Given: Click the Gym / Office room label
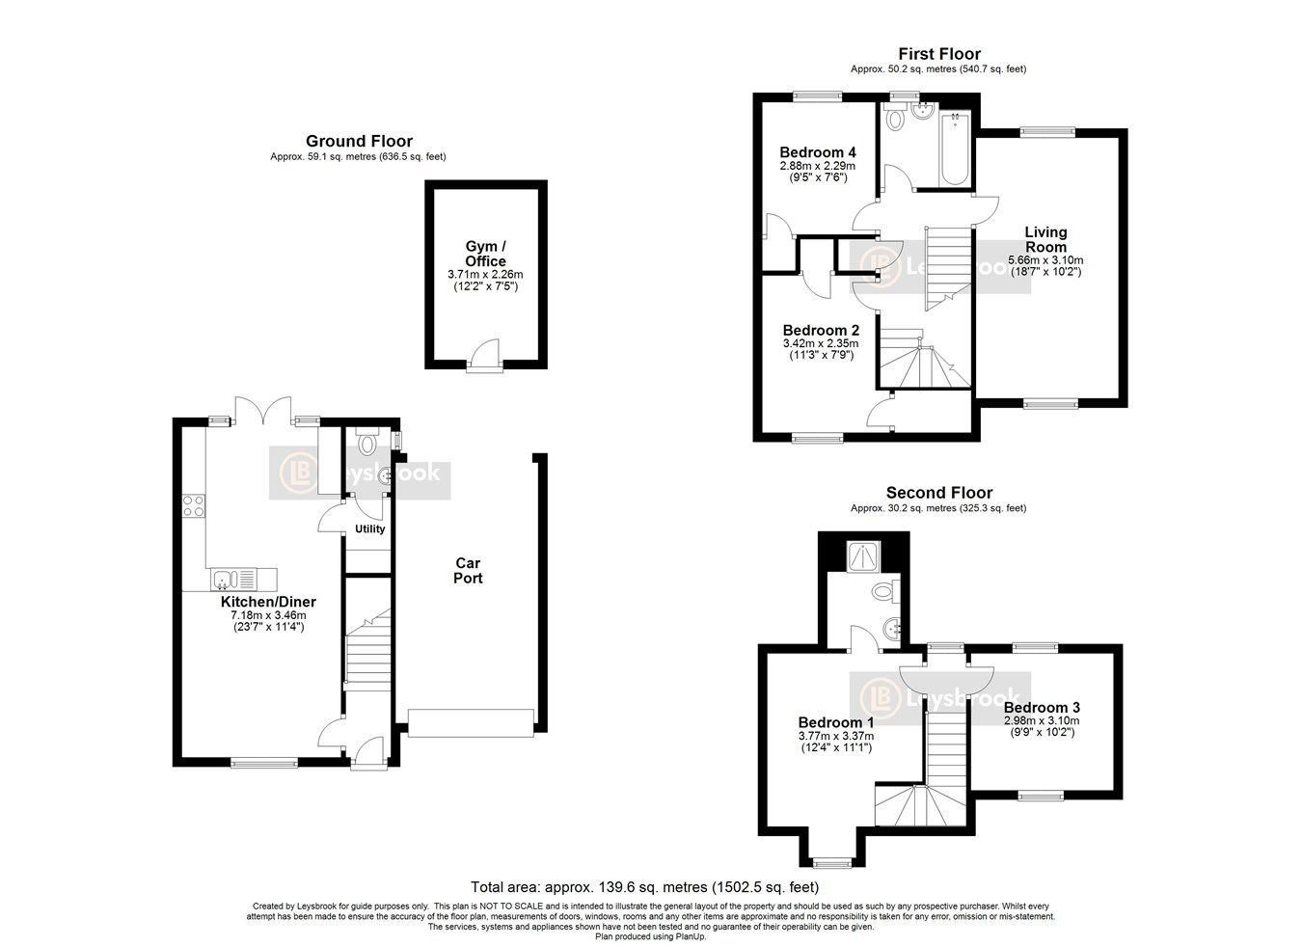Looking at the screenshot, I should pos(485,254).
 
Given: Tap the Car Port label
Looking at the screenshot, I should pos(468,570).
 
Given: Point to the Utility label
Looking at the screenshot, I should pos(369,528).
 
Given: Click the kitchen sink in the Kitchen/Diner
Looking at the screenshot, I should pos(225,580).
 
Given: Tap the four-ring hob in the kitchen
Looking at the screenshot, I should pos(193,505).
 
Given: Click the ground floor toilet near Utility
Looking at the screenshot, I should pos(366,445).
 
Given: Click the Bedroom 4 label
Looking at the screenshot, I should pos(817,152).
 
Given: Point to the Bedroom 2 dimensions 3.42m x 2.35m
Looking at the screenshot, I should pos(820,342).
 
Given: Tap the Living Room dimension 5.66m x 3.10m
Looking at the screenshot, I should pos(1045,259).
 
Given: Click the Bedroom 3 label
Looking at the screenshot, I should pos(1042,707).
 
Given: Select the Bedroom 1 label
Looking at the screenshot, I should pos(835,722).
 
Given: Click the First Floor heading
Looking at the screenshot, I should pos(938,54).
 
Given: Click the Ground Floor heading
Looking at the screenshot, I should pos(359,141).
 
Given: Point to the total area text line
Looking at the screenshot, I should pos(644,887).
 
